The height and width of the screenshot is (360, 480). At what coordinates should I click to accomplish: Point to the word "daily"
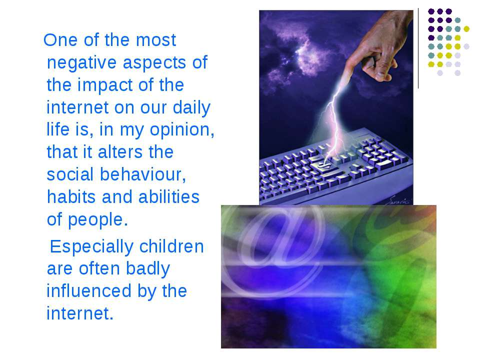pyautogui.click(x=191, y=108)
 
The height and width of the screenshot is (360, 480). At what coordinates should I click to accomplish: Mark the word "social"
pyautogui.click(x=70, y=174)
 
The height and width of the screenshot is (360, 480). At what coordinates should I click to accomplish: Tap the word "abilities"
pyautogui.click(x=169, y=197)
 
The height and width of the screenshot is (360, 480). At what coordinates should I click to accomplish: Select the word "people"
pyautogui.click(x=95, y=220)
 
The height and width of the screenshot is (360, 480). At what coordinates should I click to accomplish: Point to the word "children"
pyautogui.click(x=171, y=246)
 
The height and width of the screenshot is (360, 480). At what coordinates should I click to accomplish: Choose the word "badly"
pyautogui.click(x=148, y=269)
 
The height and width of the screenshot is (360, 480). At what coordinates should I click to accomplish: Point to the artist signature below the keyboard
pyautogui.click(x=397, y=200)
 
